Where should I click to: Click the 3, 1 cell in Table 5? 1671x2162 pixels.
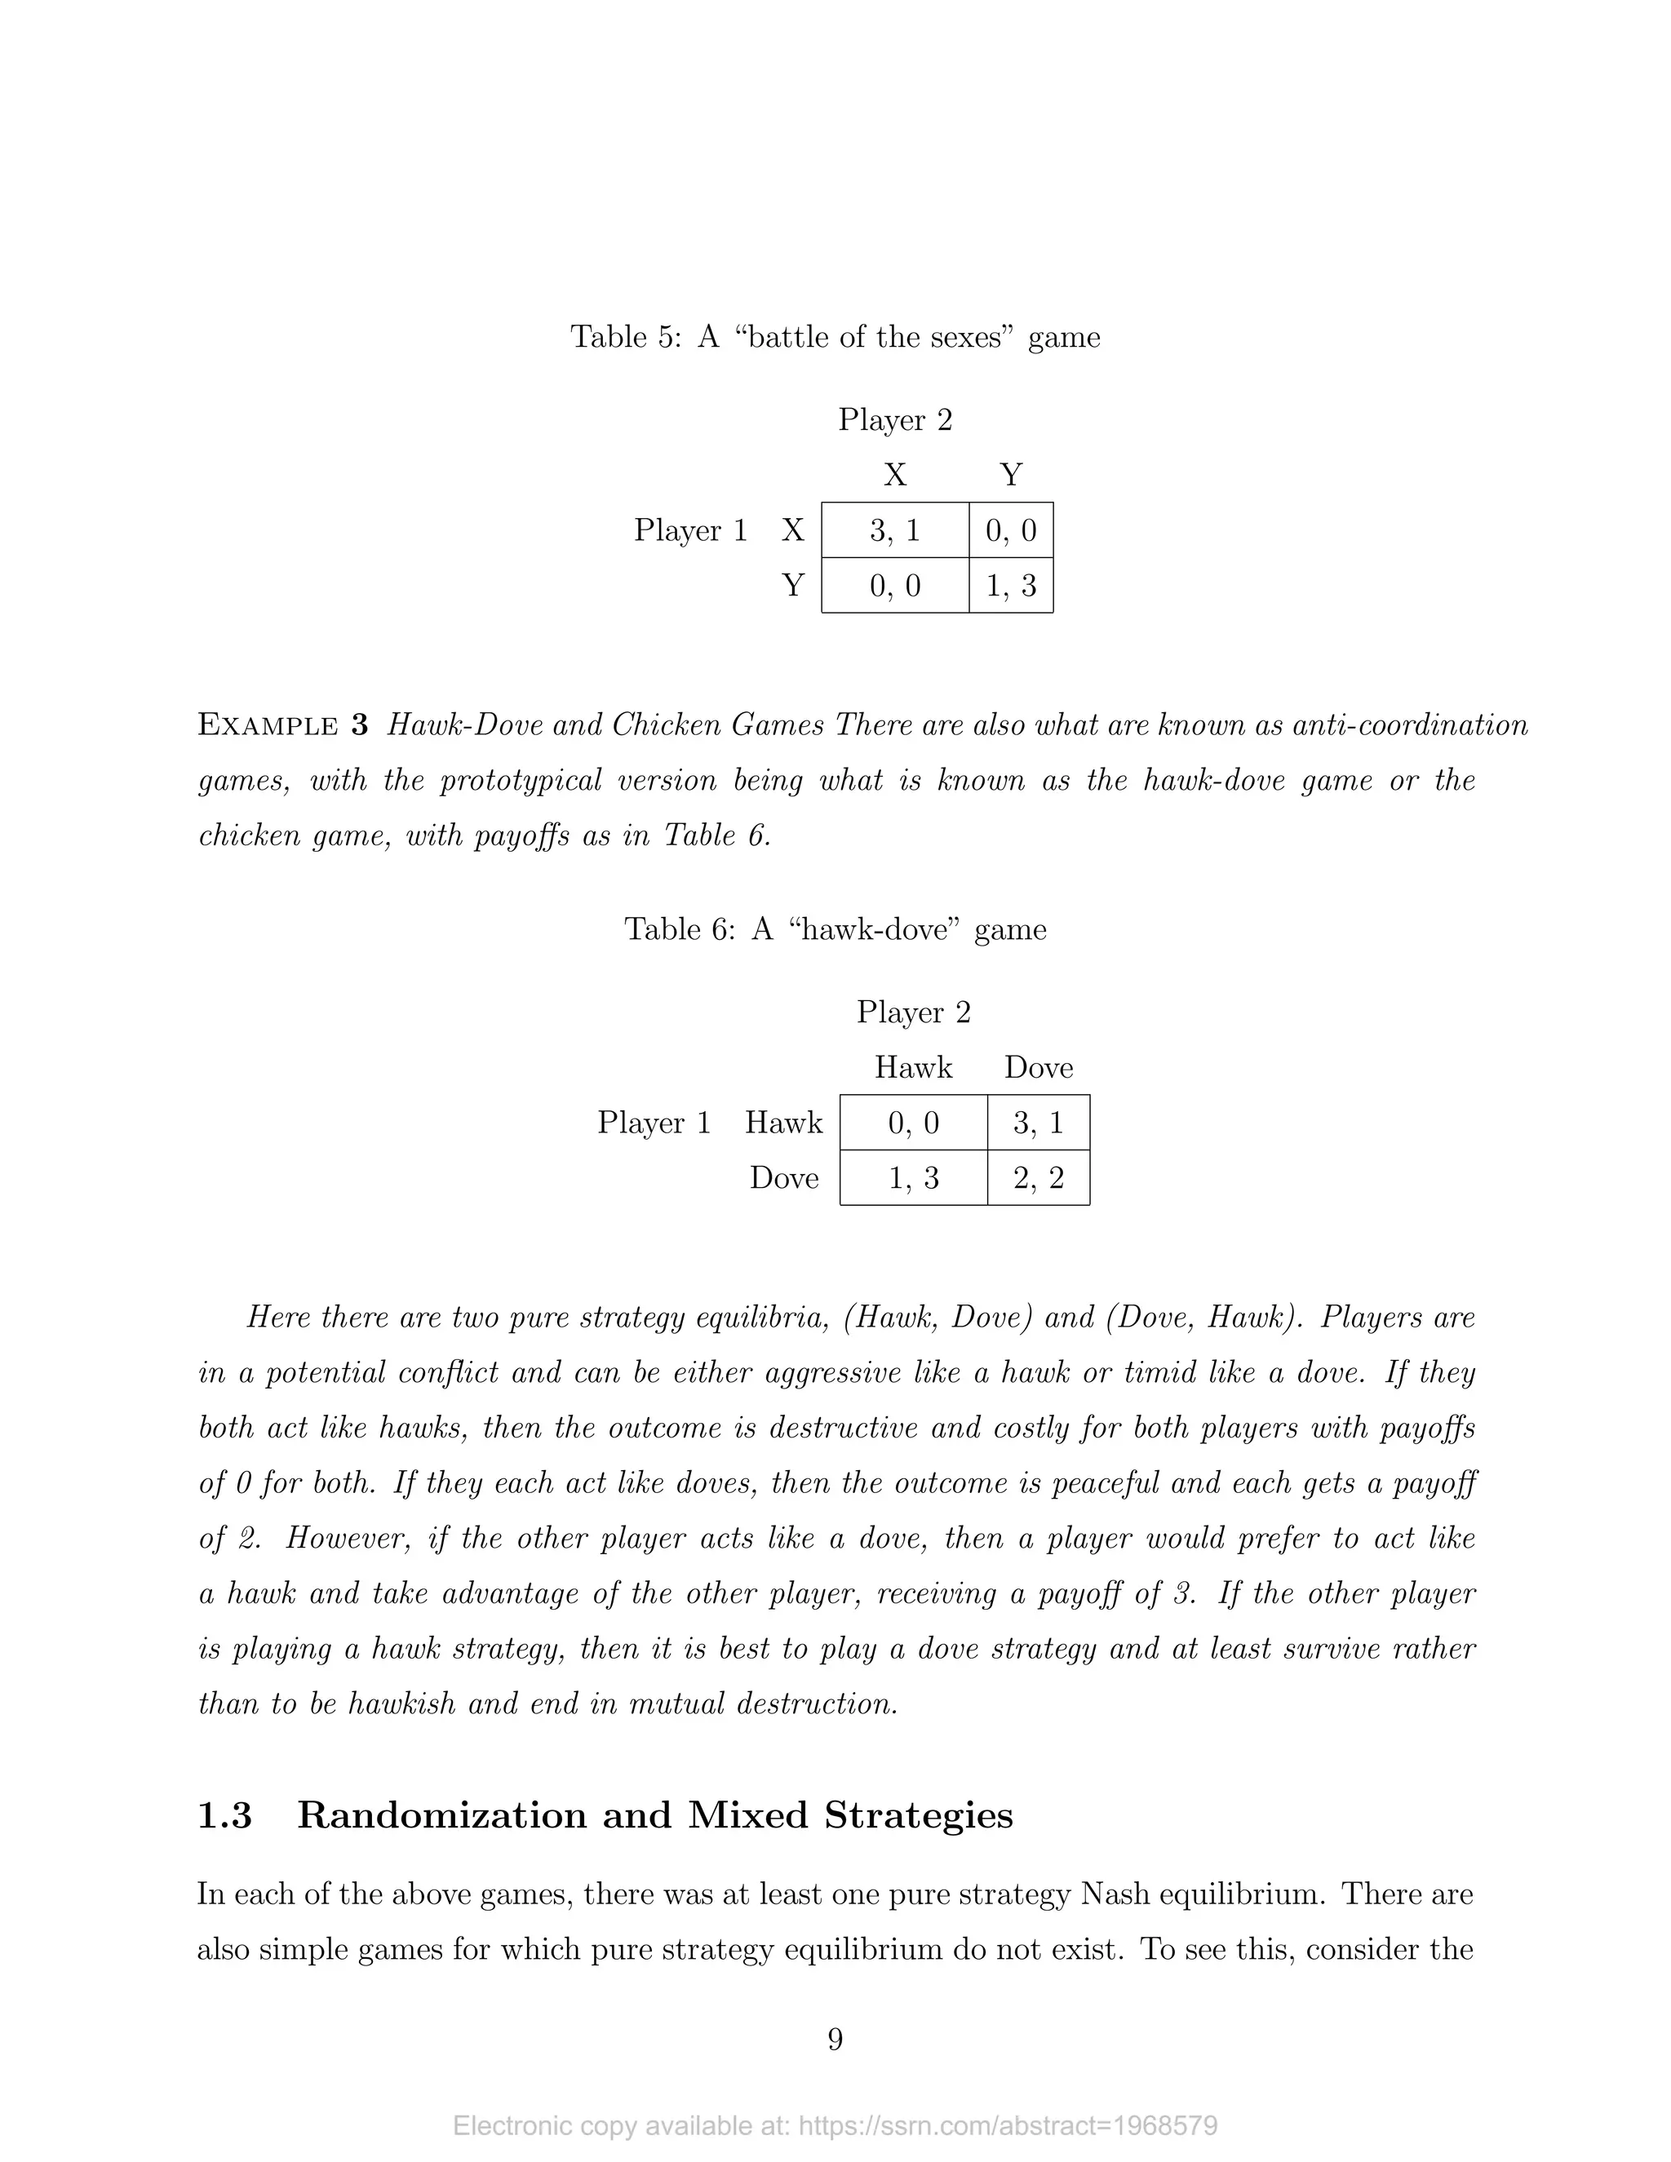pos(895,530)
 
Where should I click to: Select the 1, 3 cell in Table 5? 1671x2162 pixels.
pos(1011,586)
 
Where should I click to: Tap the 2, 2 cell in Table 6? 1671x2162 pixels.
pos(1039,1178)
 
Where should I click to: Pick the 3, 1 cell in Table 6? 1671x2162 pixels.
pos(1039,1123)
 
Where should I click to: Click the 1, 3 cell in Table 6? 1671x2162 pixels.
pos(913,1178)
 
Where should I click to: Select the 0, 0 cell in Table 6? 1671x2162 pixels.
pos(913,1123)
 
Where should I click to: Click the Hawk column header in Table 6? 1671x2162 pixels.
pos(913,1067)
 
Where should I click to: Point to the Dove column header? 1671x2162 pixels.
pos(1039,1067)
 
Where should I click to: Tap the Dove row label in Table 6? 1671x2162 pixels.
pos(784,1178)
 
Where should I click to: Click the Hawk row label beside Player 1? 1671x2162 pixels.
pos(783,1123)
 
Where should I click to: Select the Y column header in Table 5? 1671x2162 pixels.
pos(1011,475)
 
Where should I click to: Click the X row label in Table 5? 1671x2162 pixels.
pos(793,530)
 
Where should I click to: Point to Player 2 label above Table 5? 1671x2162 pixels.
pos(895,419)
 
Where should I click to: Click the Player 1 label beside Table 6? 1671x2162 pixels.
pos(654,1123)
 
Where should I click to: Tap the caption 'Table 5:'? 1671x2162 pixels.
pos(626,338)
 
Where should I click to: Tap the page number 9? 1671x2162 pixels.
pos(835,2040)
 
